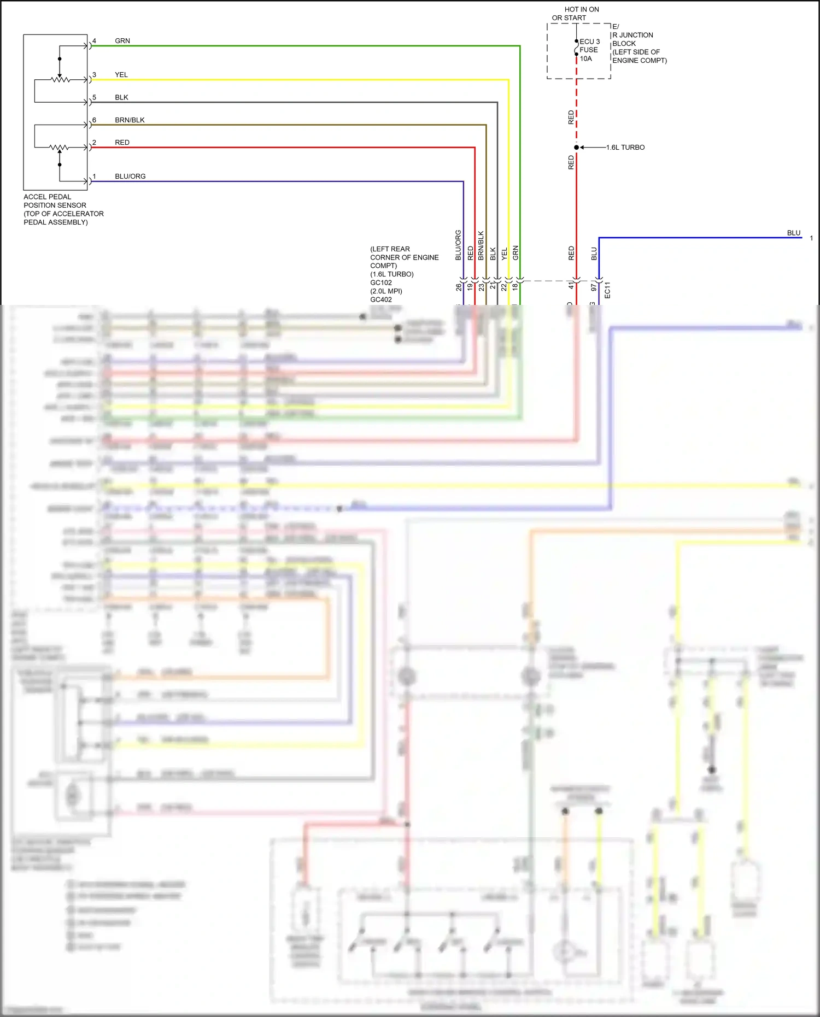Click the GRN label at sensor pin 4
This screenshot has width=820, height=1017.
coord(122,41)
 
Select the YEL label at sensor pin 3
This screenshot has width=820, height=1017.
coord(121,75)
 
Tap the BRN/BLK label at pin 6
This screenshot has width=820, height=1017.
coord(130,120)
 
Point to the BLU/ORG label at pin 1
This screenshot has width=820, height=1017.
coord(130,177)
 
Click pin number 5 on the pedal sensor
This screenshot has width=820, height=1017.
coord(94,97)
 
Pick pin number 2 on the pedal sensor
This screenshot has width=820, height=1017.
coord(94,143)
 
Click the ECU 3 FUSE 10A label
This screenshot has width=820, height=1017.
coord(589,50)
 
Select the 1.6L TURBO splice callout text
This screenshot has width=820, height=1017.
coord(625,148)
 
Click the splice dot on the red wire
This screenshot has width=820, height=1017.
coord(576,148)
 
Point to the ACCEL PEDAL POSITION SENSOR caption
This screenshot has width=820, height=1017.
coord(63,209)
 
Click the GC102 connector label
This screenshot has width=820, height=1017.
coord(381,283)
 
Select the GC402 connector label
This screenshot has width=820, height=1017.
coord(381,299)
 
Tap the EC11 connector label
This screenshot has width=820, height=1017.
coord(607,290)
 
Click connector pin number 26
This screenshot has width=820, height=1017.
coord(459,287)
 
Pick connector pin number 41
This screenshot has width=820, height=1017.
coord(571,286)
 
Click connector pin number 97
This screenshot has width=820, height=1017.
coord(594,287)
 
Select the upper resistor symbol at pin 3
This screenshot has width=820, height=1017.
coord(60,80)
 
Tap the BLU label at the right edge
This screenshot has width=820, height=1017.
coord(793,233)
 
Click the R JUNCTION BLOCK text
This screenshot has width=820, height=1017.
coord(632,39)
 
